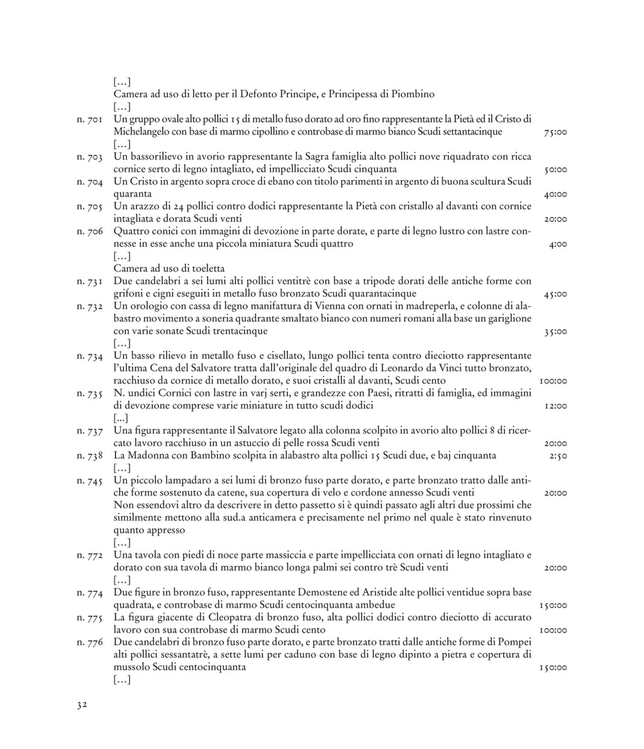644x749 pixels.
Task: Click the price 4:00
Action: [x=558, y=244]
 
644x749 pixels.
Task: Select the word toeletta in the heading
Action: [x=206, y=269]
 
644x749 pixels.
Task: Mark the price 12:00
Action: [x=555, y=406]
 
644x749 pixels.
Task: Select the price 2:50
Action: [x=558, y=455]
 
